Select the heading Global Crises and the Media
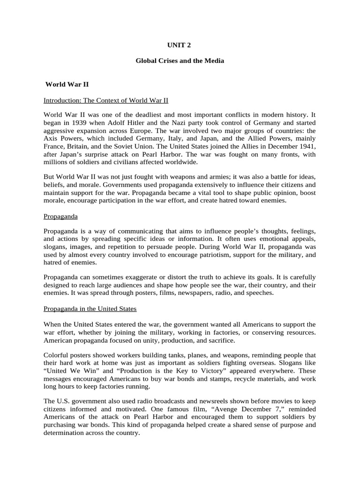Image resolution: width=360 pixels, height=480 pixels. pyautogui.click(x=180, y=61)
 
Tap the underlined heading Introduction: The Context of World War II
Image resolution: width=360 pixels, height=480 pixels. pyautogui.click(x=106, y=100)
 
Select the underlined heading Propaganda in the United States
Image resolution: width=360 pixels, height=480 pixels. pyautogui.click(x=90, y=309)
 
